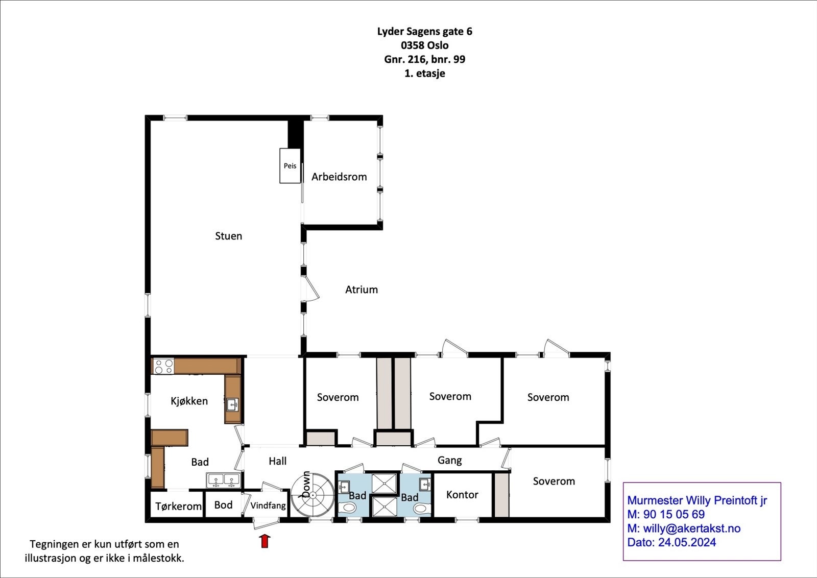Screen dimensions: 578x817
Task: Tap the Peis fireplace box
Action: [290, 165]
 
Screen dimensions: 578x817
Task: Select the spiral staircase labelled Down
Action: [312, 494]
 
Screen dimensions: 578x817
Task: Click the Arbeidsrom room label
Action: [339, 177]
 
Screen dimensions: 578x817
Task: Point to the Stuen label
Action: [228, 236]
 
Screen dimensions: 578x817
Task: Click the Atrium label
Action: [362, 290]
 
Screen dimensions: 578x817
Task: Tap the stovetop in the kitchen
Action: [164, 366]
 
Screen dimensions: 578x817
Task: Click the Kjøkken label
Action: [189, 401]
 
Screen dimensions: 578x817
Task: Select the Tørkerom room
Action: [178, 506]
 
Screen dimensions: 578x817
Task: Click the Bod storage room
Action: [223, 504]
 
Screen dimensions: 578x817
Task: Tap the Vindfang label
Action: [268, 505]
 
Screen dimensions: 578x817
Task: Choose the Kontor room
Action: [462, 494]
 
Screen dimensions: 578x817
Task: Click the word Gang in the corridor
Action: [449, 460]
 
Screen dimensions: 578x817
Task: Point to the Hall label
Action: [277, 461]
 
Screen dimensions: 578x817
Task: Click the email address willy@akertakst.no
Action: [691, 528]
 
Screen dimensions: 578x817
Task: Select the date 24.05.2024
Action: [687, 542]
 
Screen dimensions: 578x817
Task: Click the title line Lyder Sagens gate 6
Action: [424, 31]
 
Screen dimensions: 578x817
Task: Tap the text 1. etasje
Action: [424, 73]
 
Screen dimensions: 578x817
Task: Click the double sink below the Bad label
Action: [224, 480]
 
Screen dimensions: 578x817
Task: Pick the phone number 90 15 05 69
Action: [674, 514]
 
